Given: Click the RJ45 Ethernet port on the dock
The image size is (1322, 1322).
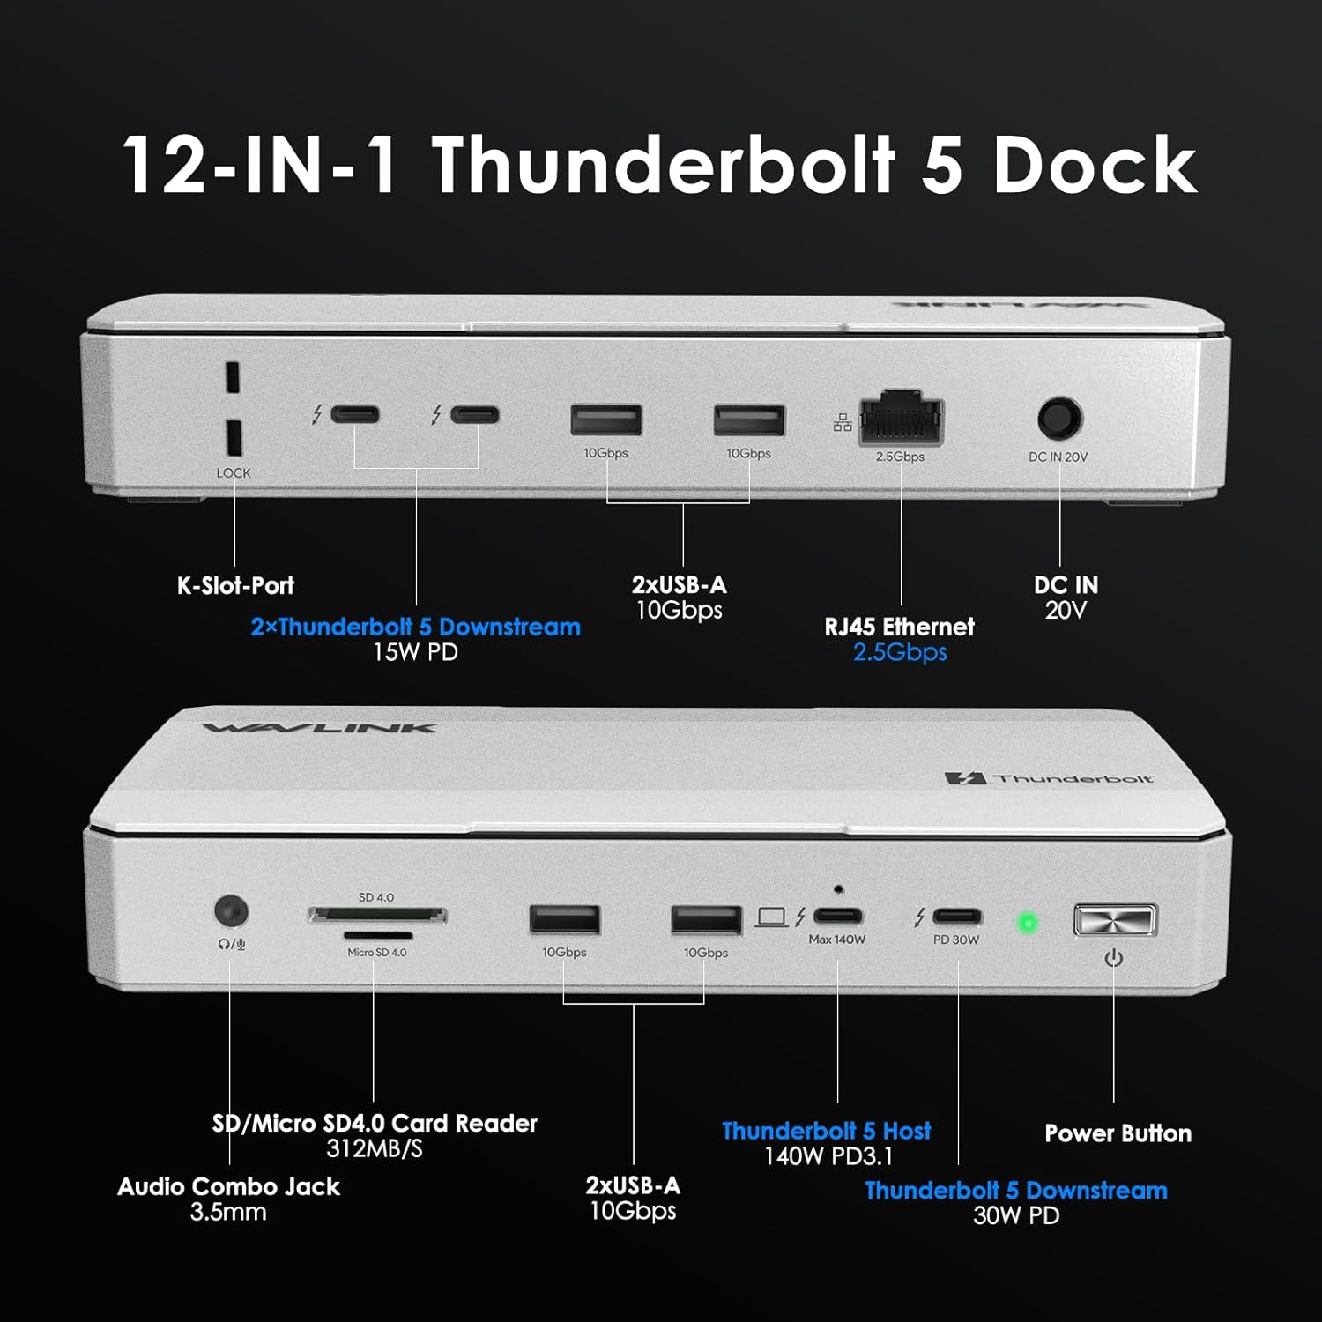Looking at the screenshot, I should click(x=901, y=421).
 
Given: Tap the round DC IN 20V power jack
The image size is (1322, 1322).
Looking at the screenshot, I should click(x=1058, y=419).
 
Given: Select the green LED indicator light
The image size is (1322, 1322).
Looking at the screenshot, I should click(x=1027, y=924).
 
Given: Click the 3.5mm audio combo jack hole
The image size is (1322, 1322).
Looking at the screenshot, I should click(x=231, y=911).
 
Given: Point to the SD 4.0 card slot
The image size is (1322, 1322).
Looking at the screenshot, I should click(x=377, y=916).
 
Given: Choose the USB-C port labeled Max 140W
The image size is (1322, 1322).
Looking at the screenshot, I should click(x=837, y=916).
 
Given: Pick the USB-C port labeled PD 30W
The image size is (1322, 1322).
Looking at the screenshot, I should click(x=957, y=917).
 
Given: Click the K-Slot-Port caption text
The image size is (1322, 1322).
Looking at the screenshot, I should click(x=235, y=585).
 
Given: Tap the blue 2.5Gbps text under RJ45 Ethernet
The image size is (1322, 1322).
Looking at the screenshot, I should click(x=900, y=652).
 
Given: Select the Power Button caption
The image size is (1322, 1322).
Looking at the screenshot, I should click(x=1118, y=1133).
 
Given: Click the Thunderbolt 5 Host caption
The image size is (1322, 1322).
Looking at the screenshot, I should click(x=826, y=1131).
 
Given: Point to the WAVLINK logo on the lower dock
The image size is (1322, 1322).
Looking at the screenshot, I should click(x=319, y=728).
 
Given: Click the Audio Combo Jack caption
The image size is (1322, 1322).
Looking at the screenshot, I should click(x=228, y=1187).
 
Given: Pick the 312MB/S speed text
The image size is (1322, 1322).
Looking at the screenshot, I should click(x=375, y=1149).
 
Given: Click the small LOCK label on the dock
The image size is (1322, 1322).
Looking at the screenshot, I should click(x=234, y=473).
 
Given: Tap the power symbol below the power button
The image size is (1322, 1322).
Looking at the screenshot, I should click(x=1114, y=958).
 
